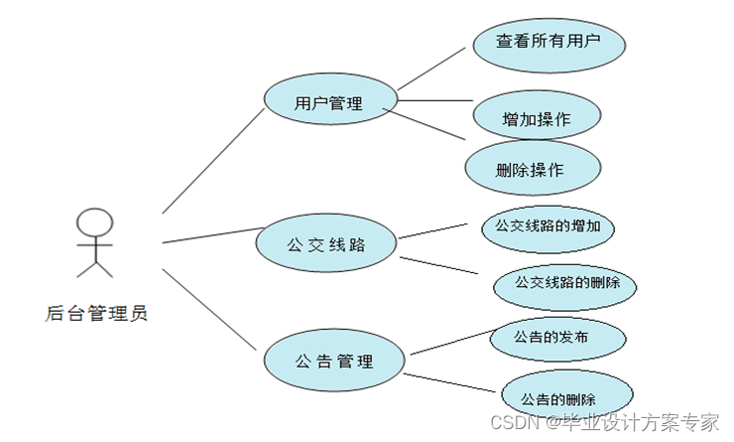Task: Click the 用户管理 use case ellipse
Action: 329,102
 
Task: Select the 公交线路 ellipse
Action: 325,242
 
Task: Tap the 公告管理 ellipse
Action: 334,360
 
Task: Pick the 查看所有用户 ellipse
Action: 548,42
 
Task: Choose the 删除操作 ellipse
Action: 533,168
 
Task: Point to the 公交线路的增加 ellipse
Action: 547,226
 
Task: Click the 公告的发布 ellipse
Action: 557,338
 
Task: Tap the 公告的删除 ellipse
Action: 566,397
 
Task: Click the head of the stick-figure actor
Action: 95,221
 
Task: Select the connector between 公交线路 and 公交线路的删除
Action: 438,268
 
